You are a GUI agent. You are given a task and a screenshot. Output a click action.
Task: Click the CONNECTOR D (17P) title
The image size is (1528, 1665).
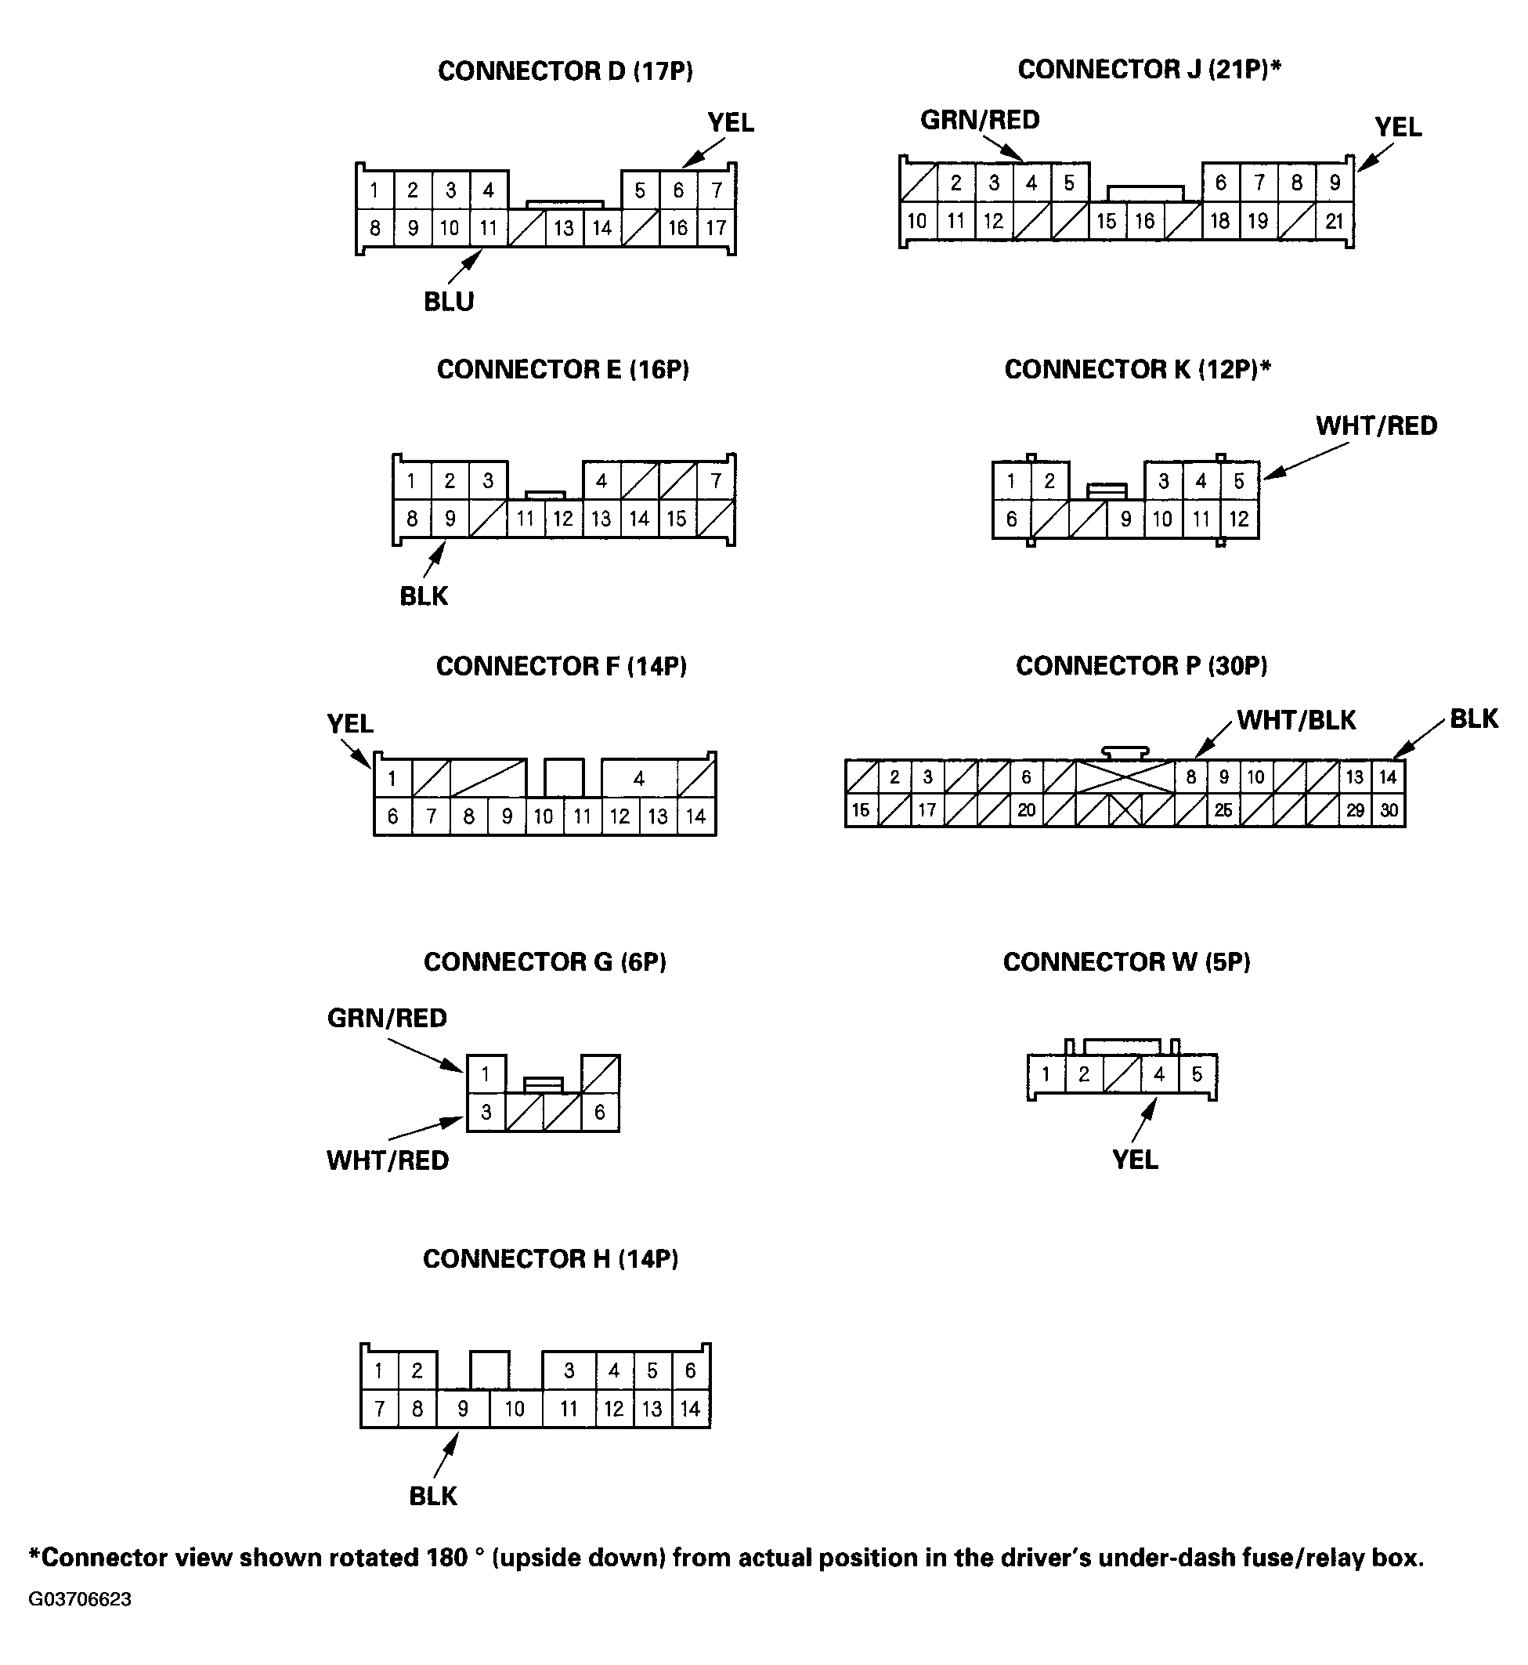click(x=565, y=71)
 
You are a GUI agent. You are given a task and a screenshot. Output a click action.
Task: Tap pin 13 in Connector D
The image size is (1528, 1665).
click(x=564, y=228)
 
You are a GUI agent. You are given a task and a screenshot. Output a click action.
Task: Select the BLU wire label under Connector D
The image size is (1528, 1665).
click(x=448, y=302)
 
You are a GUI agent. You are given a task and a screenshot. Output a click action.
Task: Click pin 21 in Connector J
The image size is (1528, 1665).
click(x=1334, y=222)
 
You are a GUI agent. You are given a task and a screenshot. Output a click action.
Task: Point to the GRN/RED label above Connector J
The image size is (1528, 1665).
click(x=980, y=120)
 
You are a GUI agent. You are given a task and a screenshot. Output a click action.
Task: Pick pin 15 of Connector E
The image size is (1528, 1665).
click(x=677, y=519)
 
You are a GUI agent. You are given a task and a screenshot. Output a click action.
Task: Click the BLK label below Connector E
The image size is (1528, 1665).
click(x=424, y=596)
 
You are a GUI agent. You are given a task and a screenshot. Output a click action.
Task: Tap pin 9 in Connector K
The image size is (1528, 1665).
click(x=1125, y=519)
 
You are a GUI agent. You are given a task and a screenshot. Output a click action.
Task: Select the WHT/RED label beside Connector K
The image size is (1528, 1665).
click(x=1376, y=426)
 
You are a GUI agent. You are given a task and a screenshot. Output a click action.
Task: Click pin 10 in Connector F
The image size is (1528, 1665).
click(x=544, y=817)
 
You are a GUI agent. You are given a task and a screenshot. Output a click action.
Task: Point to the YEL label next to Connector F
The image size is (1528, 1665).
click(x=350, y=724)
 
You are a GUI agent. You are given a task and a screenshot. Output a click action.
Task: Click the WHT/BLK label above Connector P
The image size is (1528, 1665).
click(x=1295, y=720)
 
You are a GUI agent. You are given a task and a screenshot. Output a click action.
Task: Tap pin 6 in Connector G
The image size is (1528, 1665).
click(x=599, y=1113)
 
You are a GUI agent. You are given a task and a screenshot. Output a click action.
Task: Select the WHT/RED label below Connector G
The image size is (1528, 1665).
click(x=387, y=1160)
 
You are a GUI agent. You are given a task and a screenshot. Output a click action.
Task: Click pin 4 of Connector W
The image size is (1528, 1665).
click(x=1159, y=1074)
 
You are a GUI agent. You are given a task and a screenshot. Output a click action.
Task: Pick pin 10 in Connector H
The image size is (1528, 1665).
click(x=515, y=1409)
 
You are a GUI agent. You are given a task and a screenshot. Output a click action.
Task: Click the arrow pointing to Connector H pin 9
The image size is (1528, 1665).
click(x=446, y=1457)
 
